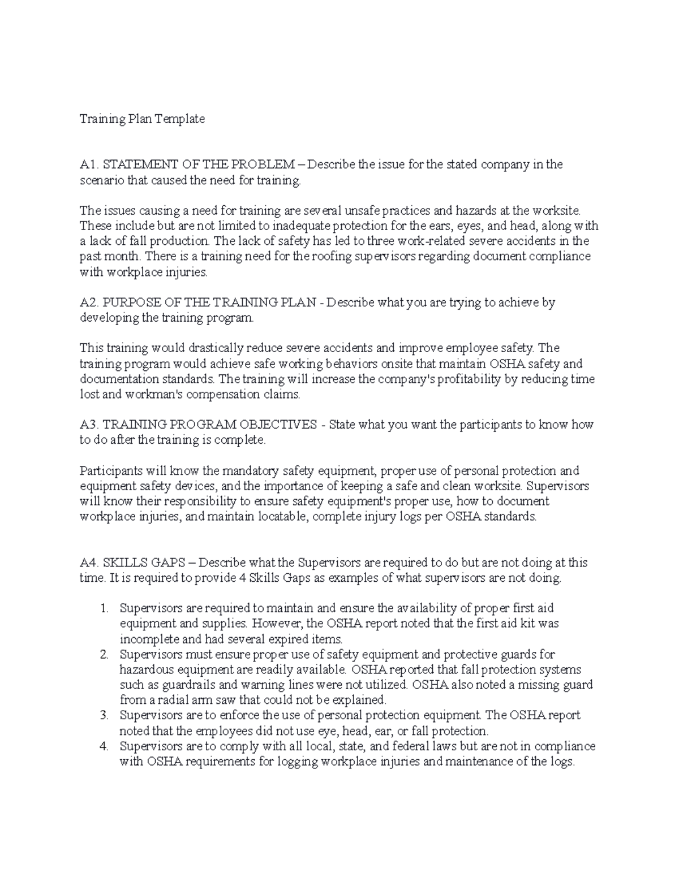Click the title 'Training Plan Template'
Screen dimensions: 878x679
pos(142,119)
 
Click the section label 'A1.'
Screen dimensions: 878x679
pos(89,165)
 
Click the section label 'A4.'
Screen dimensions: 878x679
pos(89,563)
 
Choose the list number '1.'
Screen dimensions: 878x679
pos(103,608)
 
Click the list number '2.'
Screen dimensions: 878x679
pos(103,654)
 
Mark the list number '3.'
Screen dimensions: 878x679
pos(103,715)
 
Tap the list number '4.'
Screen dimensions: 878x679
pos(103,746)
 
